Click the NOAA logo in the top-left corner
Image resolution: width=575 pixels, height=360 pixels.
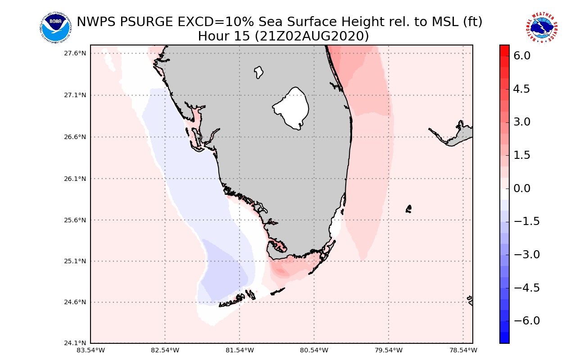[x=55, y=28]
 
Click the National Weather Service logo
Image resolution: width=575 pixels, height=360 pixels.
[x=542, y=28]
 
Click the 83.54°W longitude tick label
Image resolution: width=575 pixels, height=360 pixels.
[x=91, y=350]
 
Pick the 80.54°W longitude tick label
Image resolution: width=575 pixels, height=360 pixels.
[x=314, y=350]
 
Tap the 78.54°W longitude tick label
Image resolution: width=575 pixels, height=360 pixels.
[x=463, y=350]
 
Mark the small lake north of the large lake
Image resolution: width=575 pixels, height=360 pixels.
[x=258, y=72]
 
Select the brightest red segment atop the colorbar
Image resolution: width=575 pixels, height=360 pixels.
[x=504, y=49]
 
